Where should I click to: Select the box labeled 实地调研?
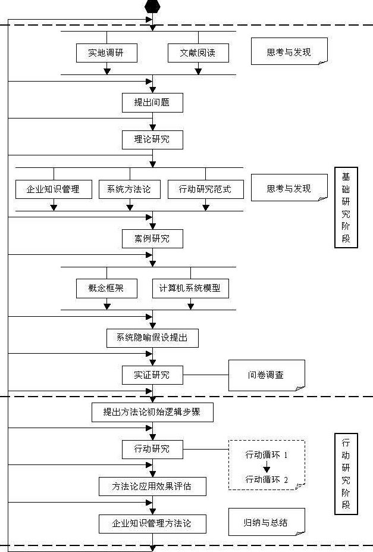(x=107, y=52)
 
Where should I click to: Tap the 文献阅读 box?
(x=198, y=52)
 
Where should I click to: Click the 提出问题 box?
(x=152, y=102)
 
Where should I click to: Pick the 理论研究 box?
(x=152, y=139)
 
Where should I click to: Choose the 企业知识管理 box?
(x=54, y=189)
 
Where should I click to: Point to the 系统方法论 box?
(x=130, y=189)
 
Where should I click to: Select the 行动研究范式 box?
(x=205, y=189)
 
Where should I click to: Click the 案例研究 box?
(x=152, y=239)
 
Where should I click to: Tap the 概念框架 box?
(x=107, y=288)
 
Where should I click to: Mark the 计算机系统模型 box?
(x=190, y=288)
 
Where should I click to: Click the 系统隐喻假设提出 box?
(x=152, y=338)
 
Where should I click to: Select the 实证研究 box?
(x=152, y=375)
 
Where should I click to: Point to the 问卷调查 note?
(x=266, y=375)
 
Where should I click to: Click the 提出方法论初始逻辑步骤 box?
(x=152, y=412)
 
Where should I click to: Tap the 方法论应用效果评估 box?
(x=152, y=486)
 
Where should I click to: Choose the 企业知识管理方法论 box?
(x=152, y=523)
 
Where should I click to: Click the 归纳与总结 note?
(x=266, y=522)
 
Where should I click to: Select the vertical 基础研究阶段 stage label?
(x=346, y=208)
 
